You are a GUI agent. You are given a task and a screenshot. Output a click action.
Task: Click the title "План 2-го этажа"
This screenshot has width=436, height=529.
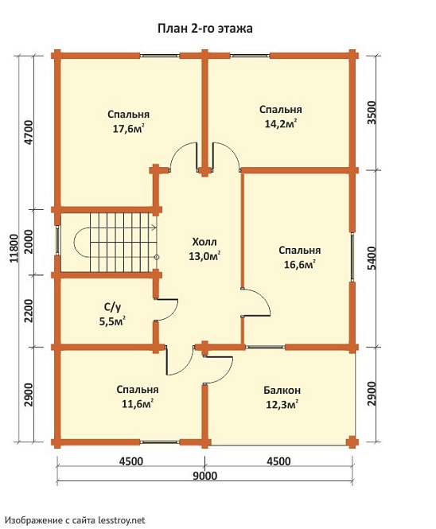point(204,29)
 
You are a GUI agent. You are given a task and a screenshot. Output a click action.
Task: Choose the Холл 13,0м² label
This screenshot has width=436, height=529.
point(204,249)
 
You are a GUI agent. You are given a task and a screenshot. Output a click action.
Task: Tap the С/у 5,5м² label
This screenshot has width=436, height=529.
point(112,314)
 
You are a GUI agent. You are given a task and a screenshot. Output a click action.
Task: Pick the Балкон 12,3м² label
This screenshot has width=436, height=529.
point(282,397)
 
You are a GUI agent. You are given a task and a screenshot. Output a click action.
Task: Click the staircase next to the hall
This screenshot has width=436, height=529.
point(115,243)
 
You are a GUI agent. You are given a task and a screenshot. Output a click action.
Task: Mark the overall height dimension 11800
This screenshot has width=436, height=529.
point(14,248)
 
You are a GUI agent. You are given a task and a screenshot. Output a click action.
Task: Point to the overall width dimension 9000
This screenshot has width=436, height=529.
point(204,476)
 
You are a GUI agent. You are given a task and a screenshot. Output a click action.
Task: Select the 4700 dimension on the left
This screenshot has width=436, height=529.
point(29,132)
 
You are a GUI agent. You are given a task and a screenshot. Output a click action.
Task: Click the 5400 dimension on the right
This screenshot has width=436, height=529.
point(372,259)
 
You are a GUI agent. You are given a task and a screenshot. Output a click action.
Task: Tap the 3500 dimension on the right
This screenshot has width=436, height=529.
point(372,113)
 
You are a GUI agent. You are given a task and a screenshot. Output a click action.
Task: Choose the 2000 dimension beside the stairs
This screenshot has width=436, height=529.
point(29,242)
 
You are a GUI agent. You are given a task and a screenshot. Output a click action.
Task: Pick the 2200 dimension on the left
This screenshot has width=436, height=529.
point(29,311)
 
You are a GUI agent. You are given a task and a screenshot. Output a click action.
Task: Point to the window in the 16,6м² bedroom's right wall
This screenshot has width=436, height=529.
point(352,257)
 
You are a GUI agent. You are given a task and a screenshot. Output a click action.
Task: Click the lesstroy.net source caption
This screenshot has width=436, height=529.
point(76,520)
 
